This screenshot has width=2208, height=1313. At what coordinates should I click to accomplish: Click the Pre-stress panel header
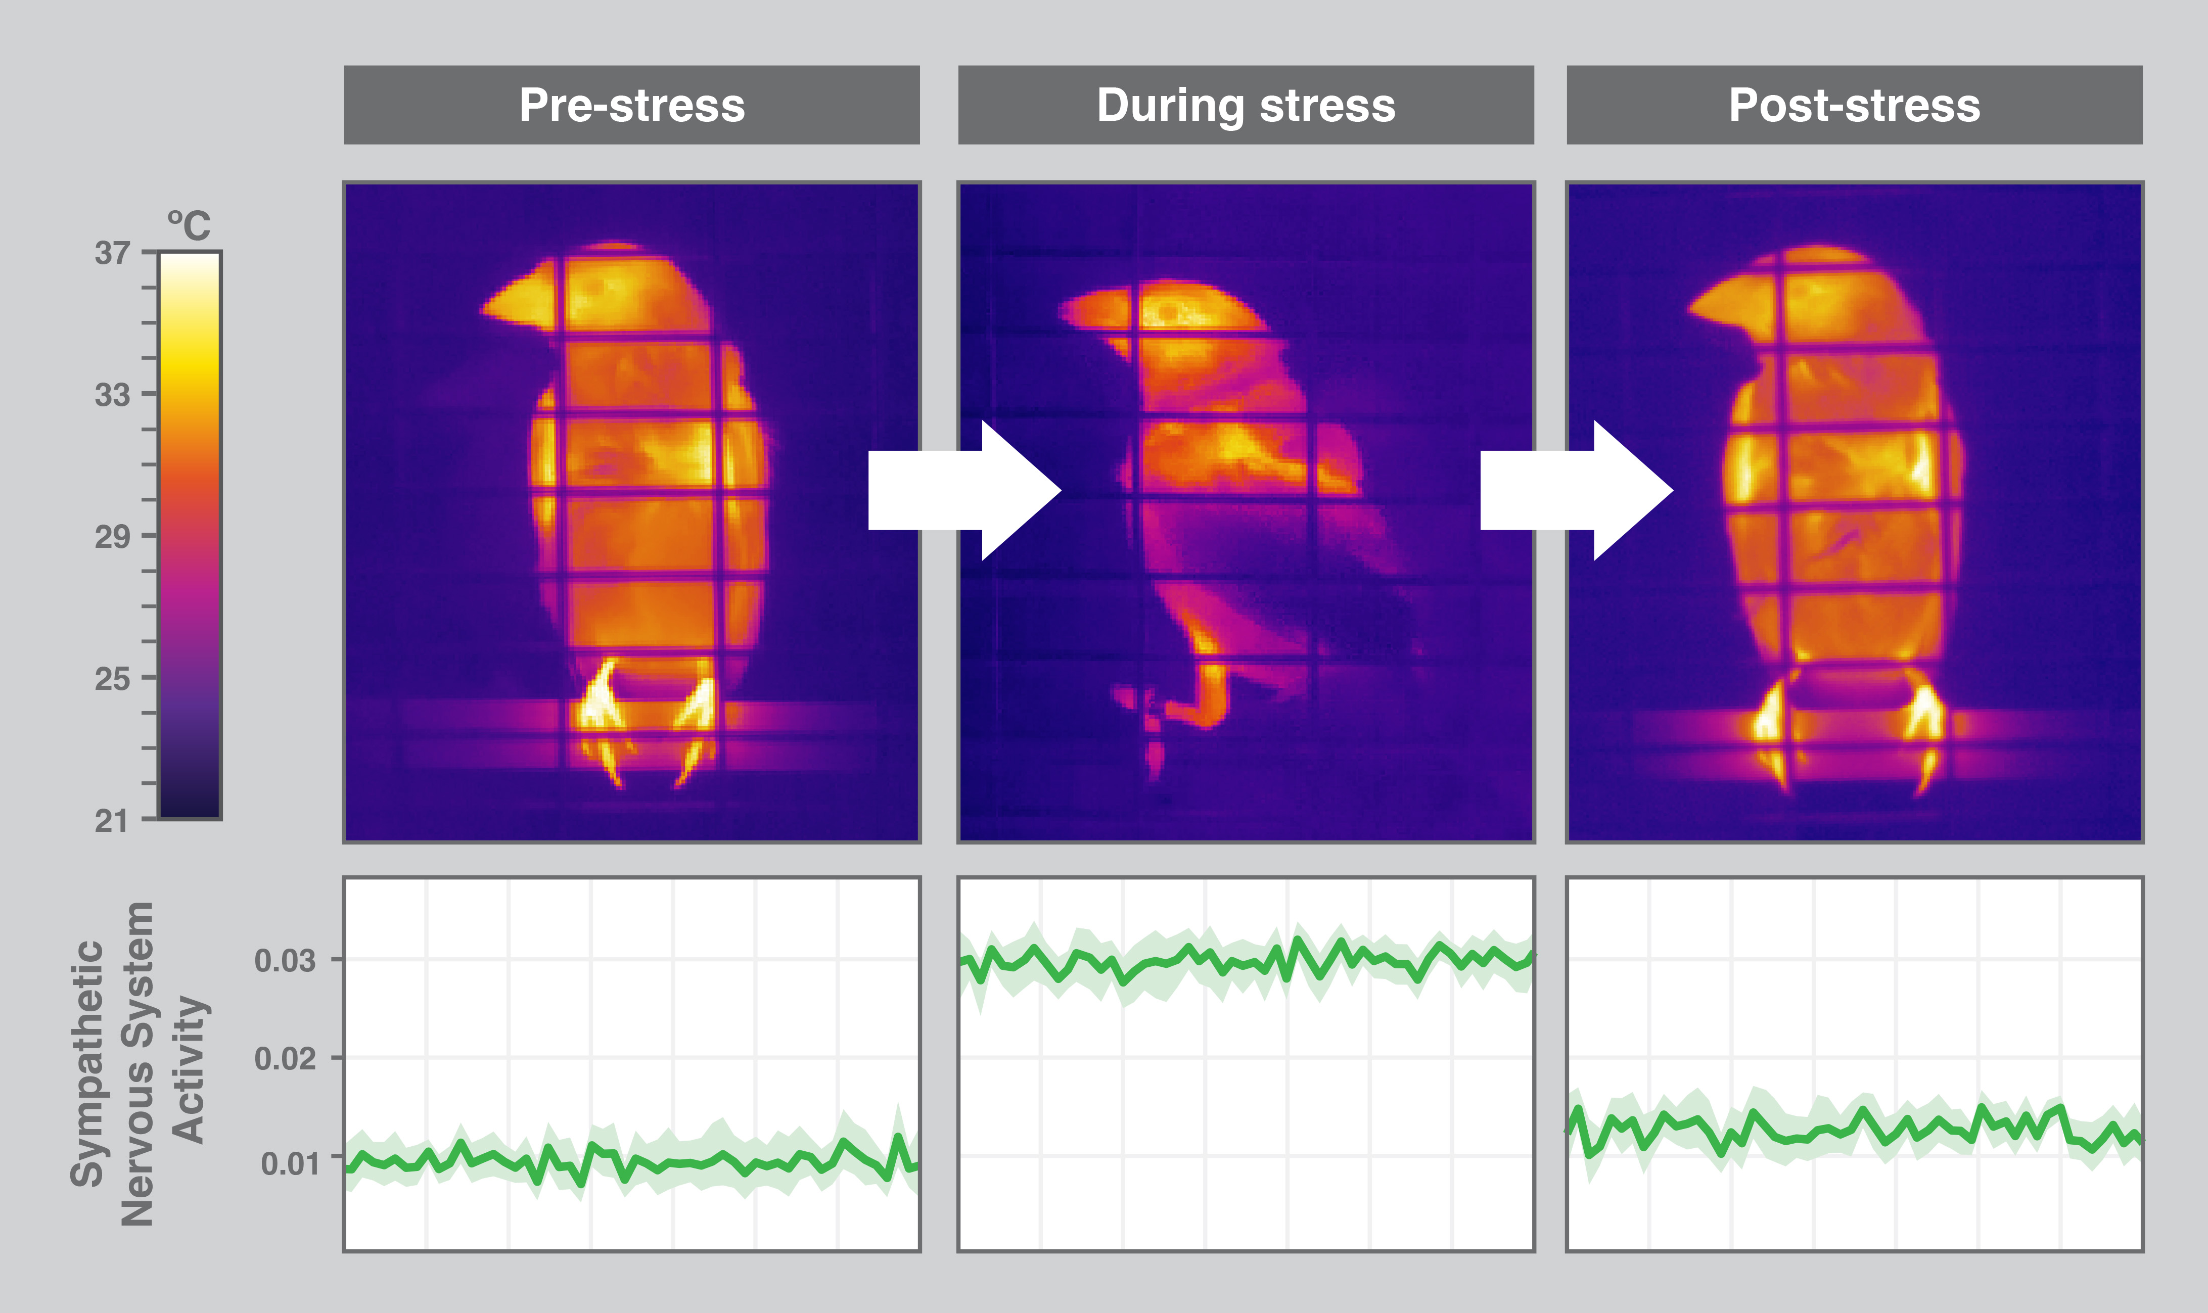click(x=632, y=105)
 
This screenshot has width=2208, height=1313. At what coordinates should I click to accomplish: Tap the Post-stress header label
click(x=1854, y=105)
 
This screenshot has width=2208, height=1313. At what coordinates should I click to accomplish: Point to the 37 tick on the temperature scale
click(x=112, y=253)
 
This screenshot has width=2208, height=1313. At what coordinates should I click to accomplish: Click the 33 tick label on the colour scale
click(x=112, y=395)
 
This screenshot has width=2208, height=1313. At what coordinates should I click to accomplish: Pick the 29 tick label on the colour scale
click(x=112, y=536)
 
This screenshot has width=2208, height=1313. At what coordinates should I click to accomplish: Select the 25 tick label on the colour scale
click(x=112, y=679)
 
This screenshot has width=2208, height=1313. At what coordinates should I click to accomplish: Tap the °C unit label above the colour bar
click(x=190, y=225)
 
